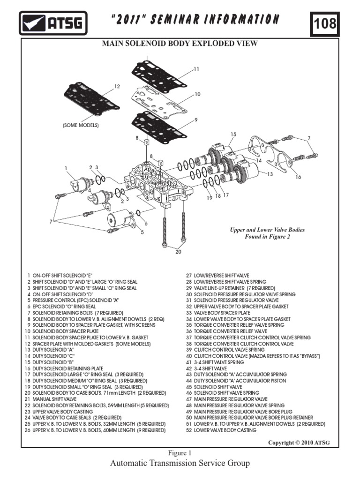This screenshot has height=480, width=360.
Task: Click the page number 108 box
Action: (x=325, y=23)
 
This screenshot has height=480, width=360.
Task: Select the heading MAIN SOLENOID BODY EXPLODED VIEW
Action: (x=180, y=44)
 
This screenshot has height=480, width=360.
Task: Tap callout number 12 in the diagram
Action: (x=118, y=86)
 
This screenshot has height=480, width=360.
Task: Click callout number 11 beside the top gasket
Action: (x=196, y=69)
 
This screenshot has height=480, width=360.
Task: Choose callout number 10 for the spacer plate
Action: (x=197, y=94)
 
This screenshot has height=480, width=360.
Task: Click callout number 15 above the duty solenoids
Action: (x=233, y=135)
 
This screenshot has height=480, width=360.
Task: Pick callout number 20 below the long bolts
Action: (x=178, y=251)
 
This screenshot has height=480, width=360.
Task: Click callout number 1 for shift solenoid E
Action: (x=67, y=168)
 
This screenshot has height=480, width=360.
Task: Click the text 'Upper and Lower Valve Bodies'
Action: (x=267, y=230)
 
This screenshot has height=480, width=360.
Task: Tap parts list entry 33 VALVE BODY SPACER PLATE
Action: (x=218, y=313)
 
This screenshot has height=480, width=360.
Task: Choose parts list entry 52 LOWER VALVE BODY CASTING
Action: (x=221, y=430)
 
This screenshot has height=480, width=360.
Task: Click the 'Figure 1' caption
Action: (x=180, y=453)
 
